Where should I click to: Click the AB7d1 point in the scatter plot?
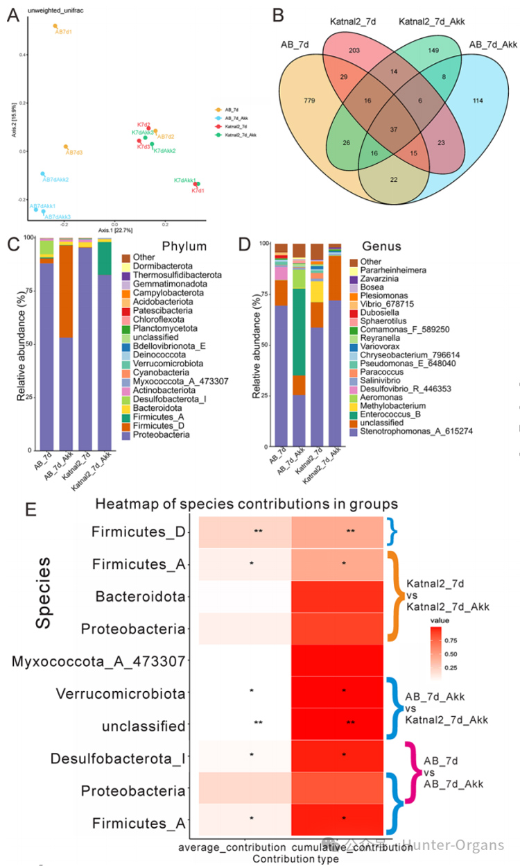(x=55, y=26)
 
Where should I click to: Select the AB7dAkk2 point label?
(x=56, y=180)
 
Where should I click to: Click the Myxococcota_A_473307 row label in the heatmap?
(x=98, y=661)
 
